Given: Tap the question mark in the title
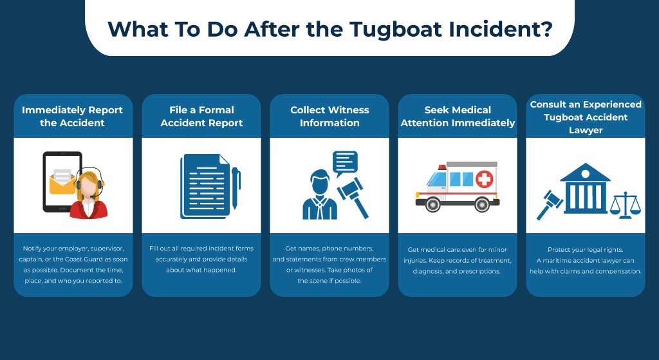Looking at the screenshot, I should click(546, 29).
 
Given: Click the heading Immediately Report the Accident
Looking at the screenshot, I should click(72, 116).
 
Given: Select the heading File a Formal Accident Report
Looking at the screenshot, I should click(201, 116).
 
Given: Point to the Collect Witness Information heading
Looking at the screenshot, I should click(329, 116).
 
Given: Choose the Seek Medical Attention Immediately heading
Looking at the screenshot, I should click(458, 116).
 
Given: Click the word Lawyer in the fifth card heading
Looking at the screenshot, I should click(586, 129).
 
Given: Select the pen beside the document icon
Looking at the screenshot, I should click(235, 187).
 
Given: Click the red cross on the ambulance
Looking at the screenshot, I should click(483, 179).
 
